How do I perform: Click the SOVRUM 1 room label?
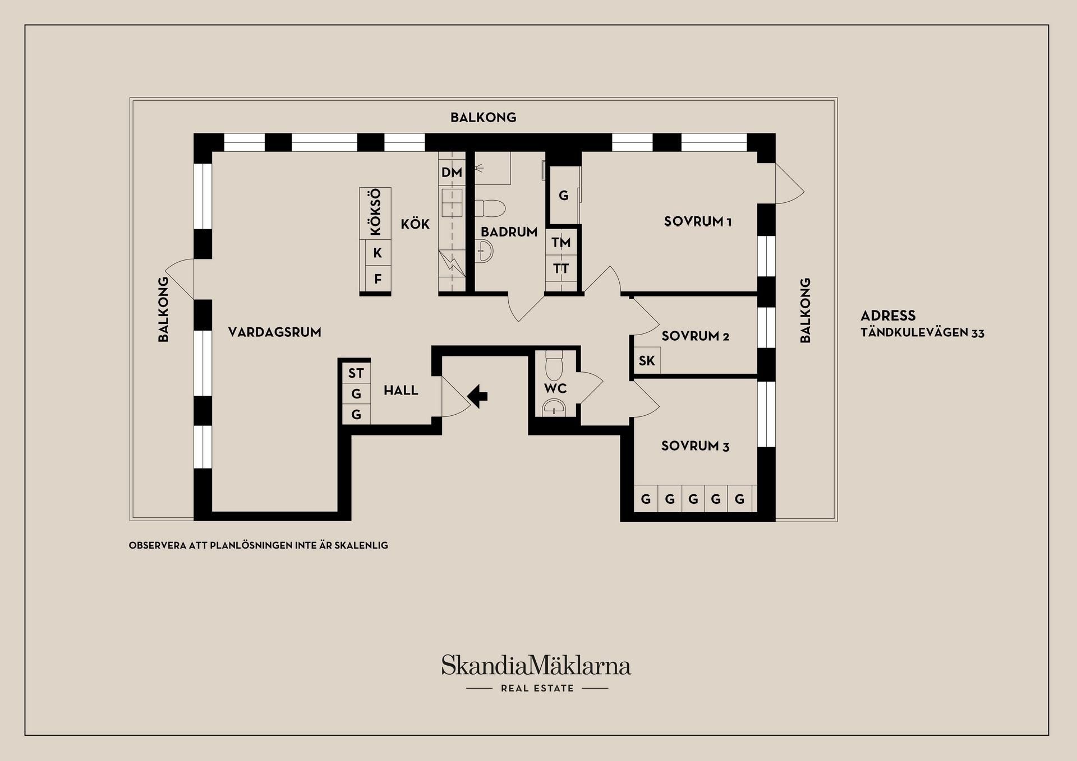[698, 221]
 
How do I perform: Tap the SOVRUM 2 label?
[696, 336]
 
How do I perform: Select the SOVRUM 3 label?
[696, 446]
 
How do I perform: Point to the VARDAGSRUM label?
[275, 332]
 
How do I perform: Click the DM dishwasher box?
[452, 173]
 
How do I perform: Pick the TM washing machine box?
[561, 243]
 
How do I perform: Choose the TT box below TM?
[561, 269]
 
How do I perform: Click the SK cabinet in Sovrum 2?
[647, 360]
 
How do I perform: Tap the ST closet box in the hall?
[356, 373]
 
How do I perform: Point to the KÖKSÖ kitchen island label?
[375, 212]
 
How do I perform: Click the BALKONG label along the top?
[484, 118]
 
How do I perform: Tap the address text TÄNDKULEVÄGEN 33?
[923, 333]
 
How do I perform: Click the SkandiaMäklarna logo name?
[536, 665]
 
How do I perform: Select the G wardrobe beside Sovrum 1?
[564, 196]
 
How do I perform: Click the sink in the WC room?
[554, 408]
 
